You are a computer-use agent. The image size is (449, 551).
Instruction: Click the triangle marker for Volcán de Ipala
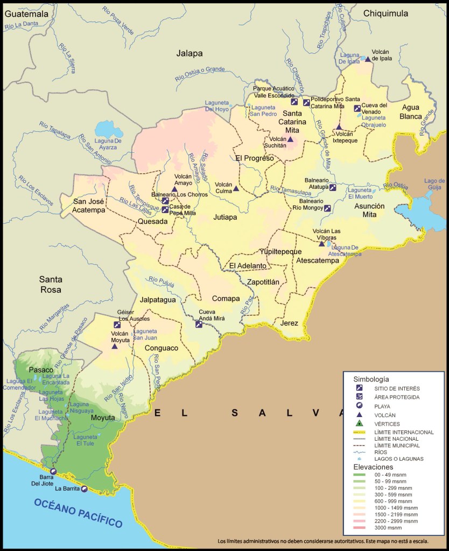(368, 59)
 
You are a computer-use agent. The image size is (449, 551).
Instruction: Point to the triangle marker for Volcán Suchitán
(290, 139)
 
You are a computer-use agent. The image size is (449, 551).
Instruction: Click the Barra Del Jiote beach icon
(53, 471)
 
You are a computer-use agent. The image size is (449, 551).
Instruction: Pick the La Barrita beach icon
(85, 489)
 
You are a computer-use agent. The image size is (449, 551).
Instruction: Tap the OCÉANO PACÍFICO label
(78, 513)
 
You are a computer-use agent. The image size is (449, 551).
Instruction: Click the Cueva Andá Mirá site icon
(199, 324)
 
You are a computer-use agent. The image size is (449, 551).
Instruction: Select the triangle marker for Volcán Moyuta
(114, 346)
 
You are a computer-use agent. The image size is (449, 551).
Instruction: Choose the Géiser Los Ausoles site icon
(117, 324)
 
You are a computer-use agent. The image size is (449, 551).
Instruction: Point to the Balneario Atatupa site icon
(333, 188)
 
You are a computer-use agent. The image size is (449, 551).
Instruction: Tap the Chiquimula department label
(385, 13)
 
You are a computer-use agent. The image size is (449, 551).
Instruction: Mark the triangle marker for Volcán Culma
(236, 188)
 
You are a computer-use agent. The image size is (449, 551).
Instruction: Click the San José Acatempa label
(89, 206)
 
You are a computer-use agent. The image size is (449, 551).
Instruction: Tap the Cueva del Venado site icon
(357, 109)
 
